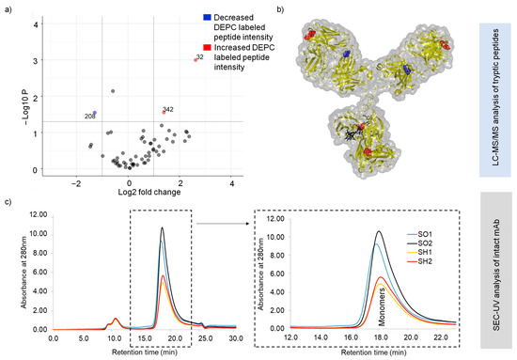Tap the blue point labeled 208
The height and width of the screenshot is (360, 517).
tap(94, 113)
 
